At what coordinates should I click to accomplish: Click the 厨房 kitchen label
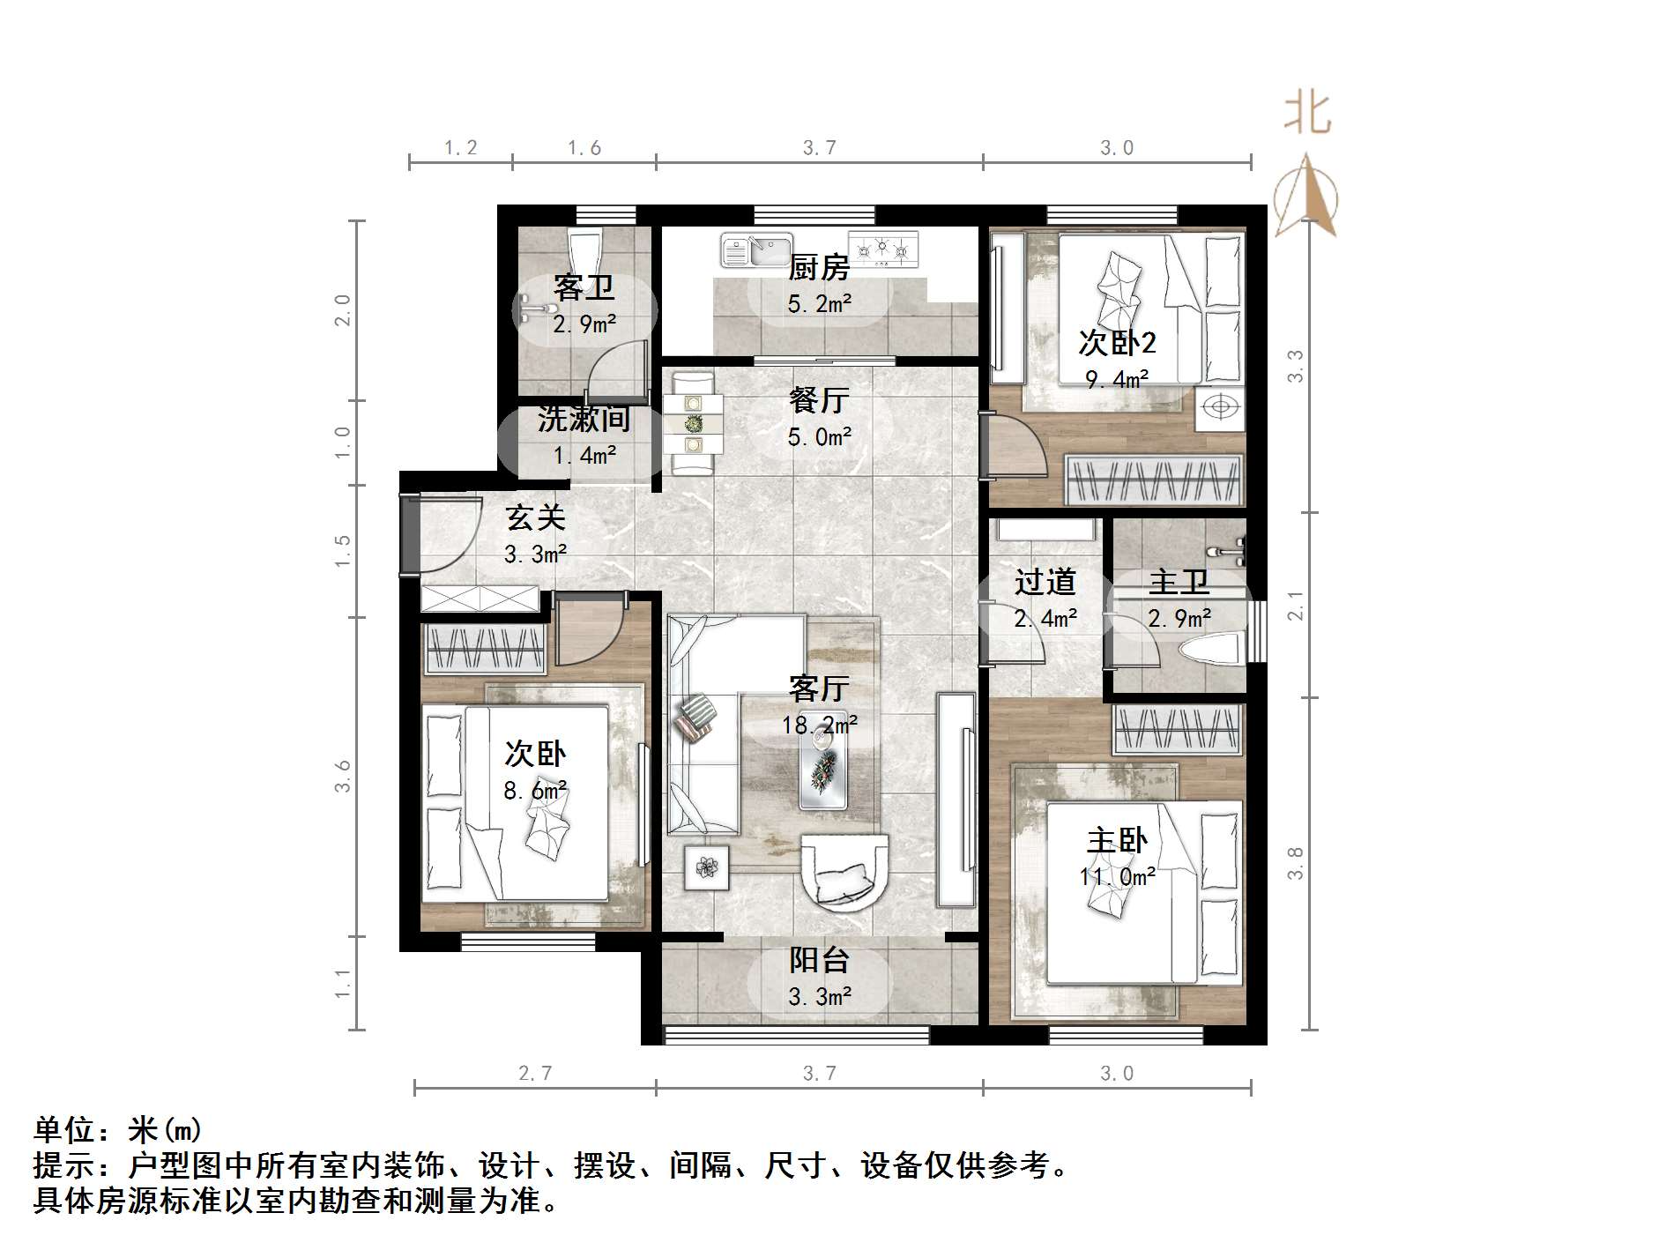[819, 267]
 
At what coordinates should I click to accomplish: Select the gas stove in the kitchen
[883, 249]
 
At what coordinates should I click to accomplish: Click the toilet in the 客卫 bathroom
[584, 251]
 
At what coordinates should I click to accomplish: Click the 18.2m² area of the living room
[820, 725]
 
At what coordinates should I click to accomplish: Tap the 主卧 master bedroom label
[1117, 840]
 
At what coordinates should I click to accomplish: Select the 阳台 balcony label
[819, 961]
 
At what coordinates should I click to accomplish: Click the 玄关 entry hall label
[535, 517]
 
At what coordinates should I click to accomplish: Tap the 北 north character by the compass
[1306, 115]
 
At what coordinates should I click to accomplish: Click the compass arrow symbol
[1306, 196]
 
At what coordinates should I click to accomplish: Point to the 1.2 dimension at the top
[460, 148]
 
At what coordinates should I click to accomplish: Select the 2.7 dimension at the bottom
[535, 1073]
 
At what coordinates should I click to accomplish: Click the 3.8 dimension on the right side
[1295, 863]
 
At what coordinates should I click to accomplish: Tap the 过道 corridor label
[1045, 583]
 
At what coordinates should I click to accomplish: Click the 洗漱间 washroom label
[584, 420]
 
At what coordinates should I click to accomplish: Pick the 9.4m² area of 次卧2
[1117, 380]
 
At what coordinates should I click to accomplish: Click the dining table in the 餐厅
[694, 424]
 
